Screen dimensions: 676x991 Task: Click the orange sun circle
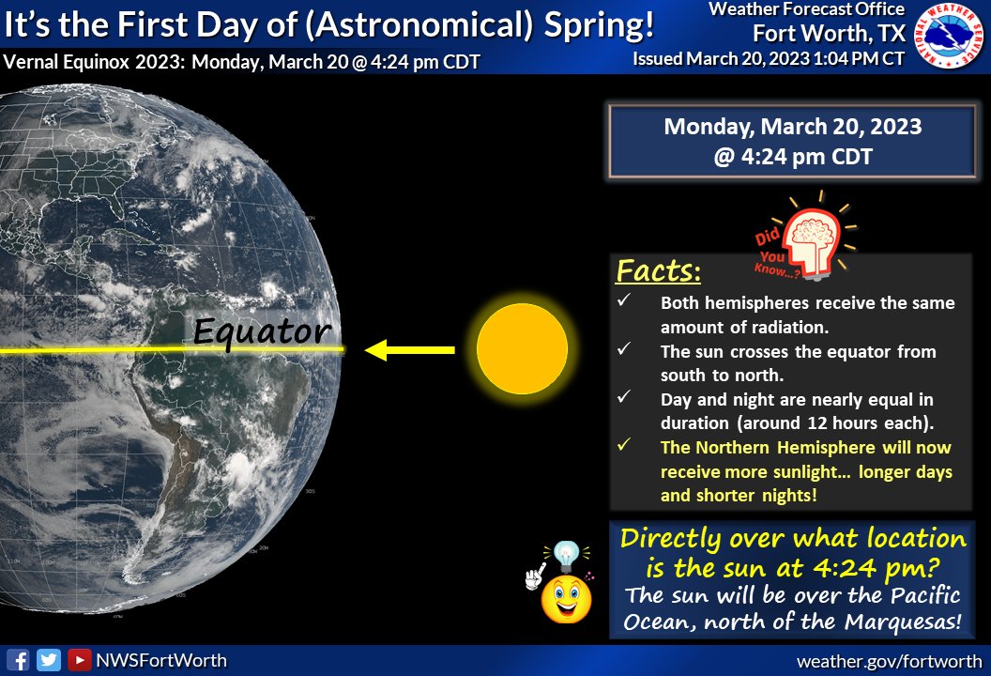pyautogui.click(x=522, y=349)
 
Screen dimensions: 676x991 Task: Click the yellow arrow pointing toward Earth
pyautogui.click(x=410, y=350)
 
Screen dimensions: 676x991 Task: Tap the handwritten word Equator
pyautogui.click(x=262, y=330)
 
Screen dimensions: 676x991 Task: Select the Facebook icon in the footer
pyautogui.click(x=19, y=660)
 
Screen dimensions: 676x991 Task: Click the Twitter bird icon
pyautogui.click(x=49, y=660)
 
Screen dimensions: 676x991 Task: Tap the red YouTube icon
pyautogui.click(x=79, y=660)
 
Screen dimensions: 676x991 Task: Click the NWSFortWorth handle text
pyautogui.click(x=160, y=660)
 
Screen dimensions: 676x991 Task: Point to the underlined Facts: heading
pyautogui.click(x=658, y=272)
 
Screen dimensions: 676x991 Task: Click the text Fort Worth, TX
pyautogui.click(x=830, y=34)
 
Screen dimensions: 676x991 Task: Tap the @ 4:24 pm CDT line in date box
pyautogui.click(x=793, y=156)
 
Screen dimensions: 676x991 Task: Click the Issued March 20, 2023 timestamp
pyautogui.click(x=769, y=58)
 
